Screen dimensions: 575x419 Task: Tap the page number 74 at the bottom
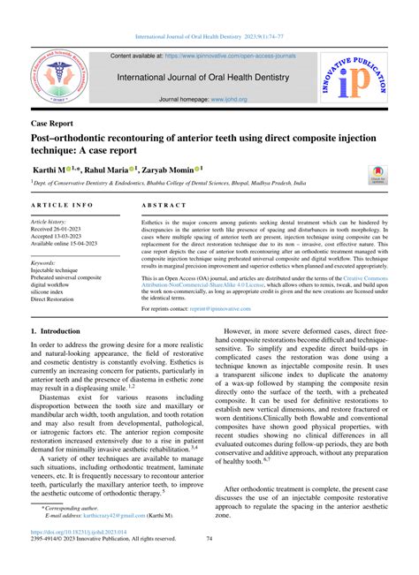(x=209, y=562)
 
